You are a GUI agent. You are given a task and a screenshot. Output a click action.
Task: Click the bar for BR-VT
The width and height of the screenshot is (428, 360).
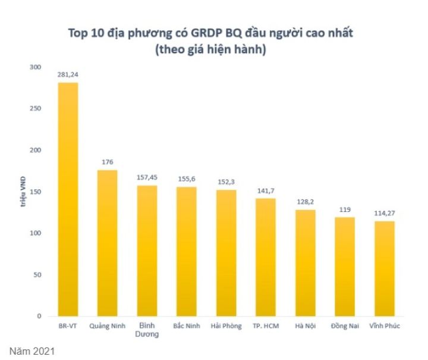(68, 199)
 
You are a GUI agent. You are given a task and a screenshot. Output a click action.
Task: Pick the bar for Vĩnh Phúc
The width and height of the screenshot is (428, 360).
(384, 268)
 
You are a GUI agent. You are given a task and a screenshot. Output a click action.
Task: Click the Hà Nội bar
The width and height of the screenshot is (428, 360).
(305, 262)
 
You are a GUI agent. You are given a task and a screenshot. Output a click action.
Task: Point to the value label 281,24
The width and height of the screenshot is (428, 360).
(68, 75)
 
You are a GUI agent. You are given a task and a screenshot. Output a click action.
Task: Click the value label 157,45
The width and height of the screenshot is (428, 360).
(147, 177)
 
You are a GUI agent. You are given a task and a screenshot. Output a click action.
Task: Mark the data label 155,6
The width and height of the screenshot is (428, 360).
(187, 179)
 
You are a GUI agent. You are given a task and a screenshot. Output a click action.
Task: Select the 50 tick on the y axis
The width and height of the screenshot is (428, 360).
(37, 275)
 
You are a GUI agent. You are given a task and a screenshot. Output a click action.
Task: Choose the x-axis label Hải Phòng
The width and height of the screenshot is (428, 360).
(226, 326)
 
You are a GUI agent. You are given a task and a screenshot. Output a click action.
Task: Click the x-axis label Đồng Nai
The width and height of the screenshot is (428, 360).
(345, 326)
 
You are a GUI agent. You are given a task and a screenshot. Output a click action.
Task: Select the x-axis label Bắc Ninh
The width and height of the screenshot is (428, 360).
(187, 326)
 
